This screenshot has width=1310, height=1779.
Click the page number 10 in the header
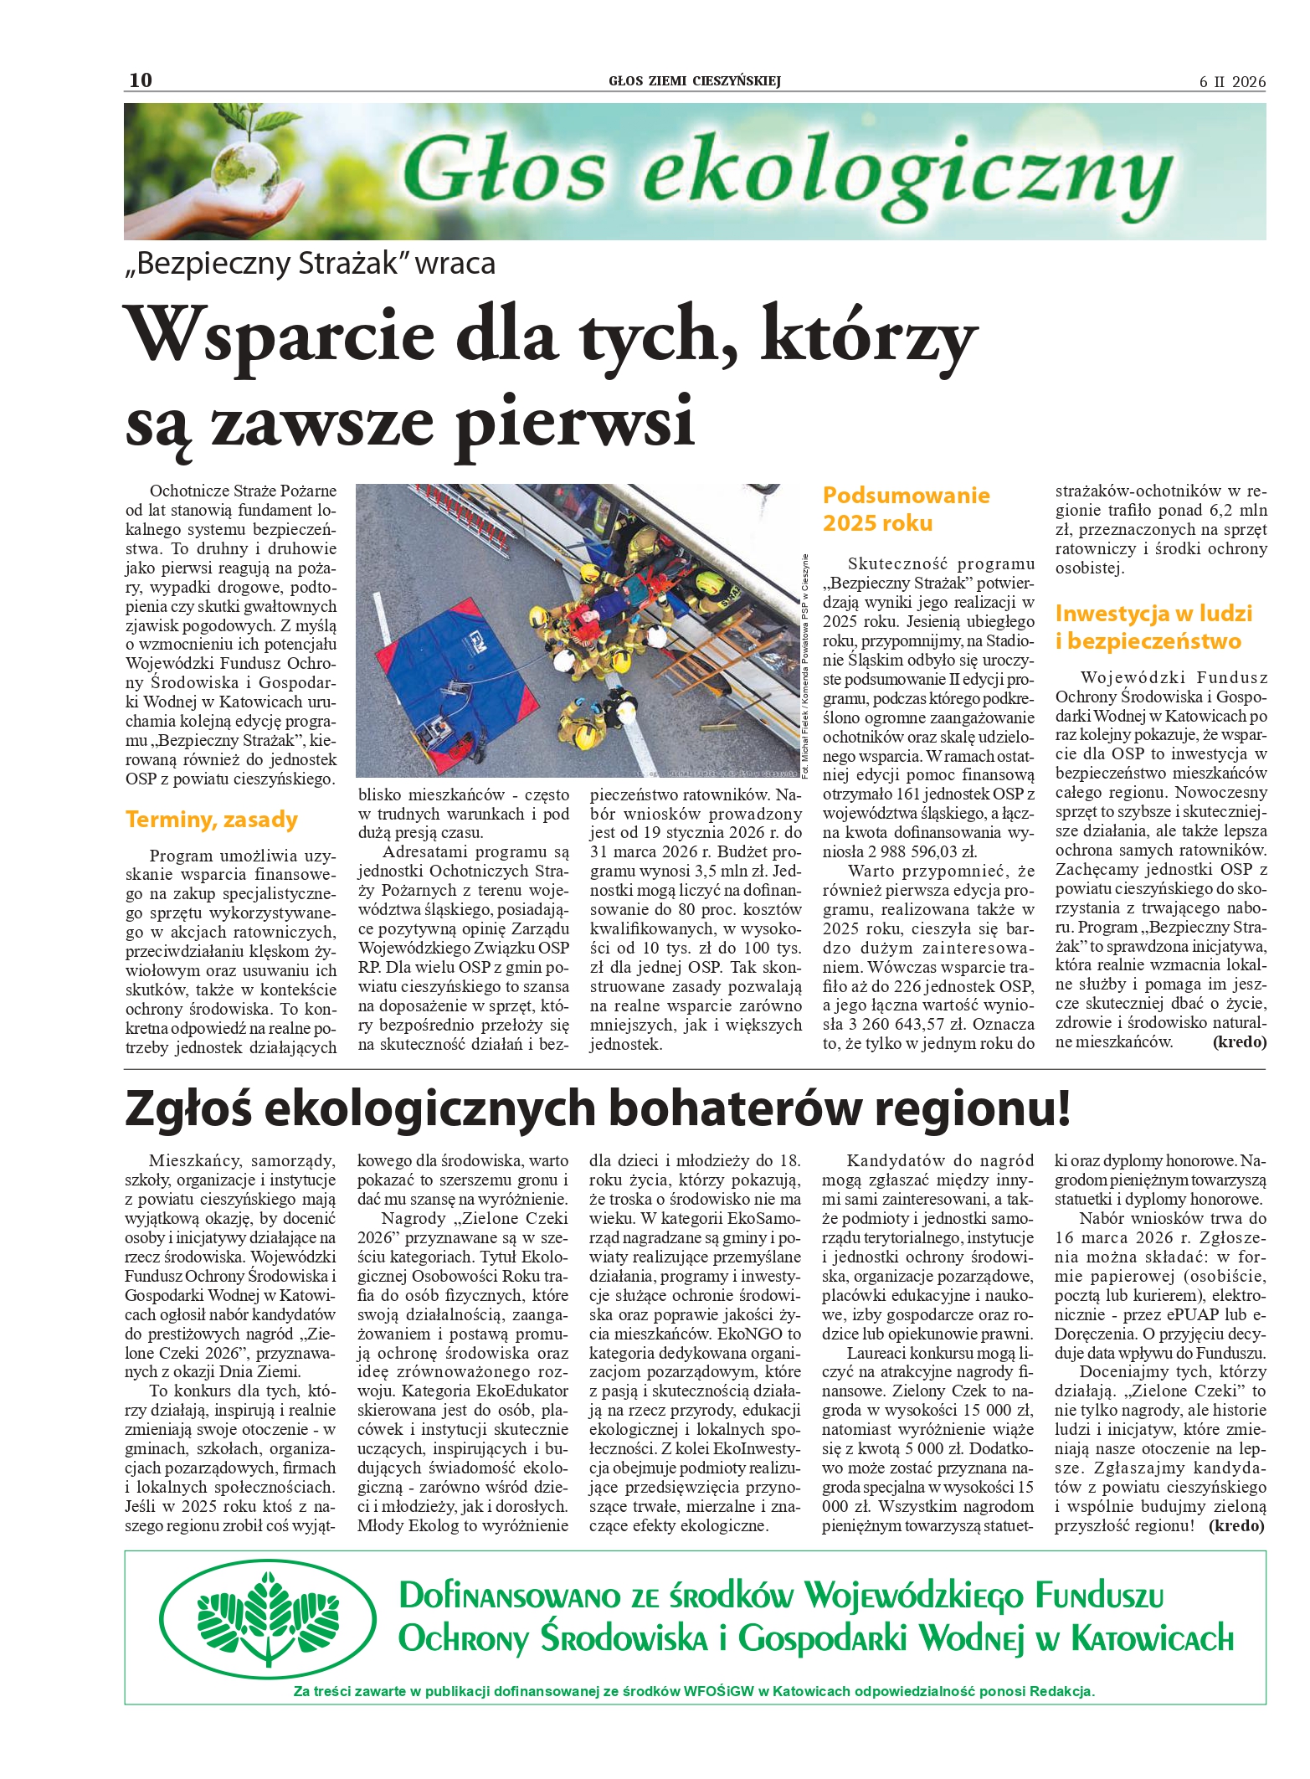[141, 80]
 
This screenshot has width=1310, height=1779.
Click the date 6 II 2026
[1232, 82]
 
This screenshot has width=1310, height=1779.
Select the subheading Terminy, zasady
[212, 819]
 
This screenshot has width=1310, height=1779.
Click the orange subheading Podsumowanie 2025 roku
[906, 509]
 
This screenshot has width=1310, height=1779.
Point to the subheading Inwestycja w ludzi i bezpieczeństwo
[1153, 627]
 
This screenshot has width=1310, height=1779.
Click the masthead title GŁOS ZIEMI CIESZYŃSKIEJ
[694, 81]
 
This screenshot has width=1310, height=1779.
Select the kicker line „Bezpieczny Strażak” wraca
[310, 264]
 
